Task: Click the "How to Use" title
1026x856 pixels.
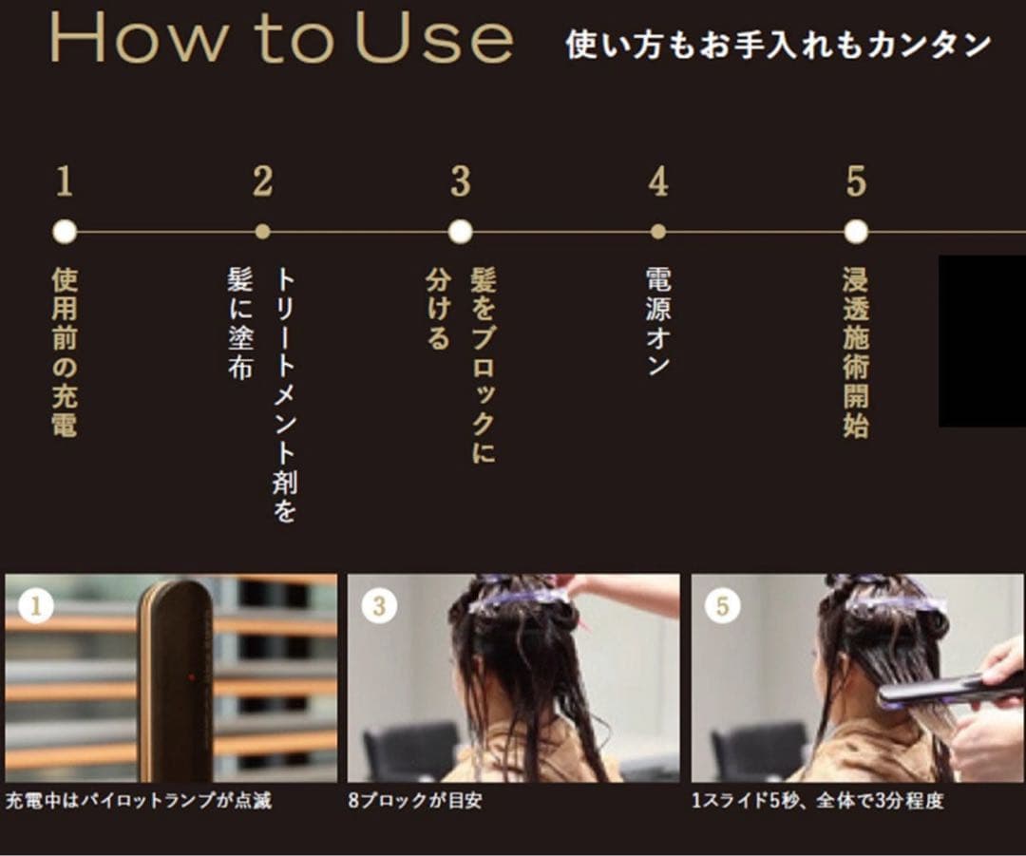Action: pyautogui.click(x=281, y=40)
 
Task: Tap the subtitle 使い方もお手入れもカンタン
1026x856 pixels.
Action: pyautogui.click(x=778, y=45)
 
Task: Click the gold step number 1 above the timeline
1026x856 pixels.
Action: pyautogui.click(x=64, y=181)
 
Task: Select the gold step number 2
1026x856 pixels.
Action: pyautogui.click(x=263, y=181)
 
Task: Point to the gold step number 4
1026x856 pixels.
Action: pyautogui.click(x=658, y=181)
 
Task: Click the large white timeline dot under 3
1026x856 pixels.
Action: pyautogui.click(x=460, y=232)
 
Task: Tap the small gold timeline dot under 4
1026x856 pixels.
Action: pyautogui.click(x=658, y=232)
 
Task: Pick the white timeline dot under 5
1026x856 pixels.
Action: pyautogui.click(x=855, y=232)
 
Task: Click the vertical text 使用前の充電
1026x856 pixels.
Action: pyautogui.click(x=64, y=352)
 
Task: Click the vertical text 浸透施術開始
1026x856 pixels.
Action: pyautogui.click(x=855, y=352)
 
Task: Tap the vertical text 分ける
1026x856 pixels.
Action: pyautogui.click(x=437, y=309)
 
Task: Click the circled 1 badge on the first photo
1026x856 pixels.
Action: pyautogui.click(x=36, y=606)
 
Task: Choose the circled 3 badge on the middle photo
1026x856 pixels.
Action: pyautogui.click(x=379, y=606)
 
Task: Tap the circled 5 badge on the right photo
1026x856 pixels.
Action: pyautogui.click(x=722, y=606)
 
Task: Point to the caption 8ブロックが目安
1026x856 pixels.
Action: pyautogui.click(x=415, y=801)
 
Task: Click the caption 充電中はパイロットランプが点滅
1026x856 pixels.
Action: pyautogui.click(x=139, y=801)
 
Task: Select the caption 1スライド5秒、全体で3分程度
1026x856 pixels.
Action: pyautogui.click(x=818, y=801)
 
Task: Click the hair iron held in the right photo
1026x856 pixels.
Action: pyautogui.click(x=940, y=691)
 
